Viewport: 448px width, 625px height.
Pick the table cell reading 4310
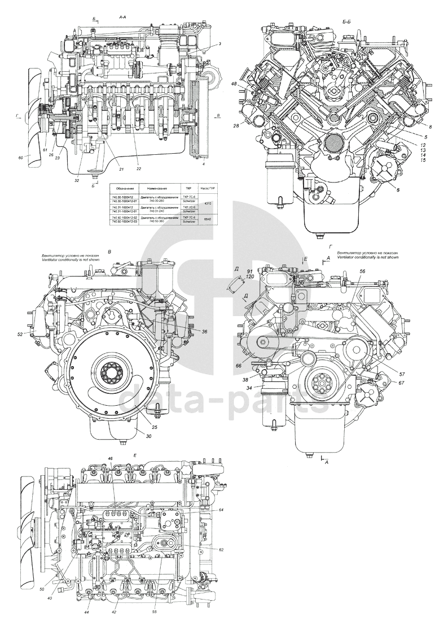click(208, 202)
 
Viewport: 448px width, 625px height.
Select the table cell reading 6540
click(208, 219)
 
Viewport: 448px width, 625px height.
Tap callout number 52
click(20, 334)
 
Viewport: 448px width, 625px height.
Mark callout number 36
click(204, 332)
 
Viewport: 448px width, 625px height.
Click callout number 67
click(385, 383)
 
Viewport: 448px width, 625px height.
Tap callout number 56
click(362, 272)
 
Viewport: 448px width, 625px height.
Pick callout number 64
click(222, 510)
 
